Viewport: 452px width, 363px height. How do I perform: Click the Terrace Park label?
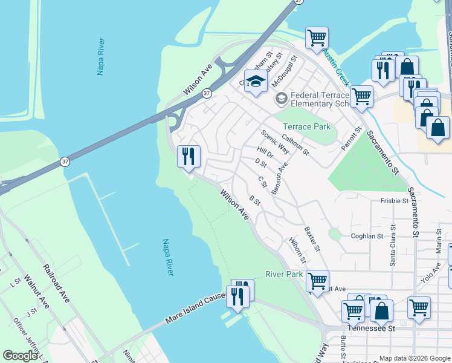[x=306, y=126]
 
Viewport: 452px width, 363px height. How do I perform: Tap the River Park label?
[x=283, y=274]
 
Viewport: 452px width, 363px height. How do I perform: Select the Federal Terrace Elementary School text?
[x=320, y=99]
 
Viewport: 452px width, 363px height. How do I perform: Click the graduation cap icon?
[x=256, y=82]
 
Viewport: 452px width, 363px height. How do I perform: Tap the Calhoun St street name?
[x=295, y=143]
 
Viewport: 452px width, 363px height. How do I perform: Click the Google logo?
[x=20, y=356]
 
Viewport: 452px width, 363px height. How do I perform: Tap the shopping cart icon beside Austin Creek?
[x=316, y=39]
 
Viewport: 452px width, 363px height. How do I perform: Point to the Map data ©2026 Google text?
[x=415, y=358]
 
